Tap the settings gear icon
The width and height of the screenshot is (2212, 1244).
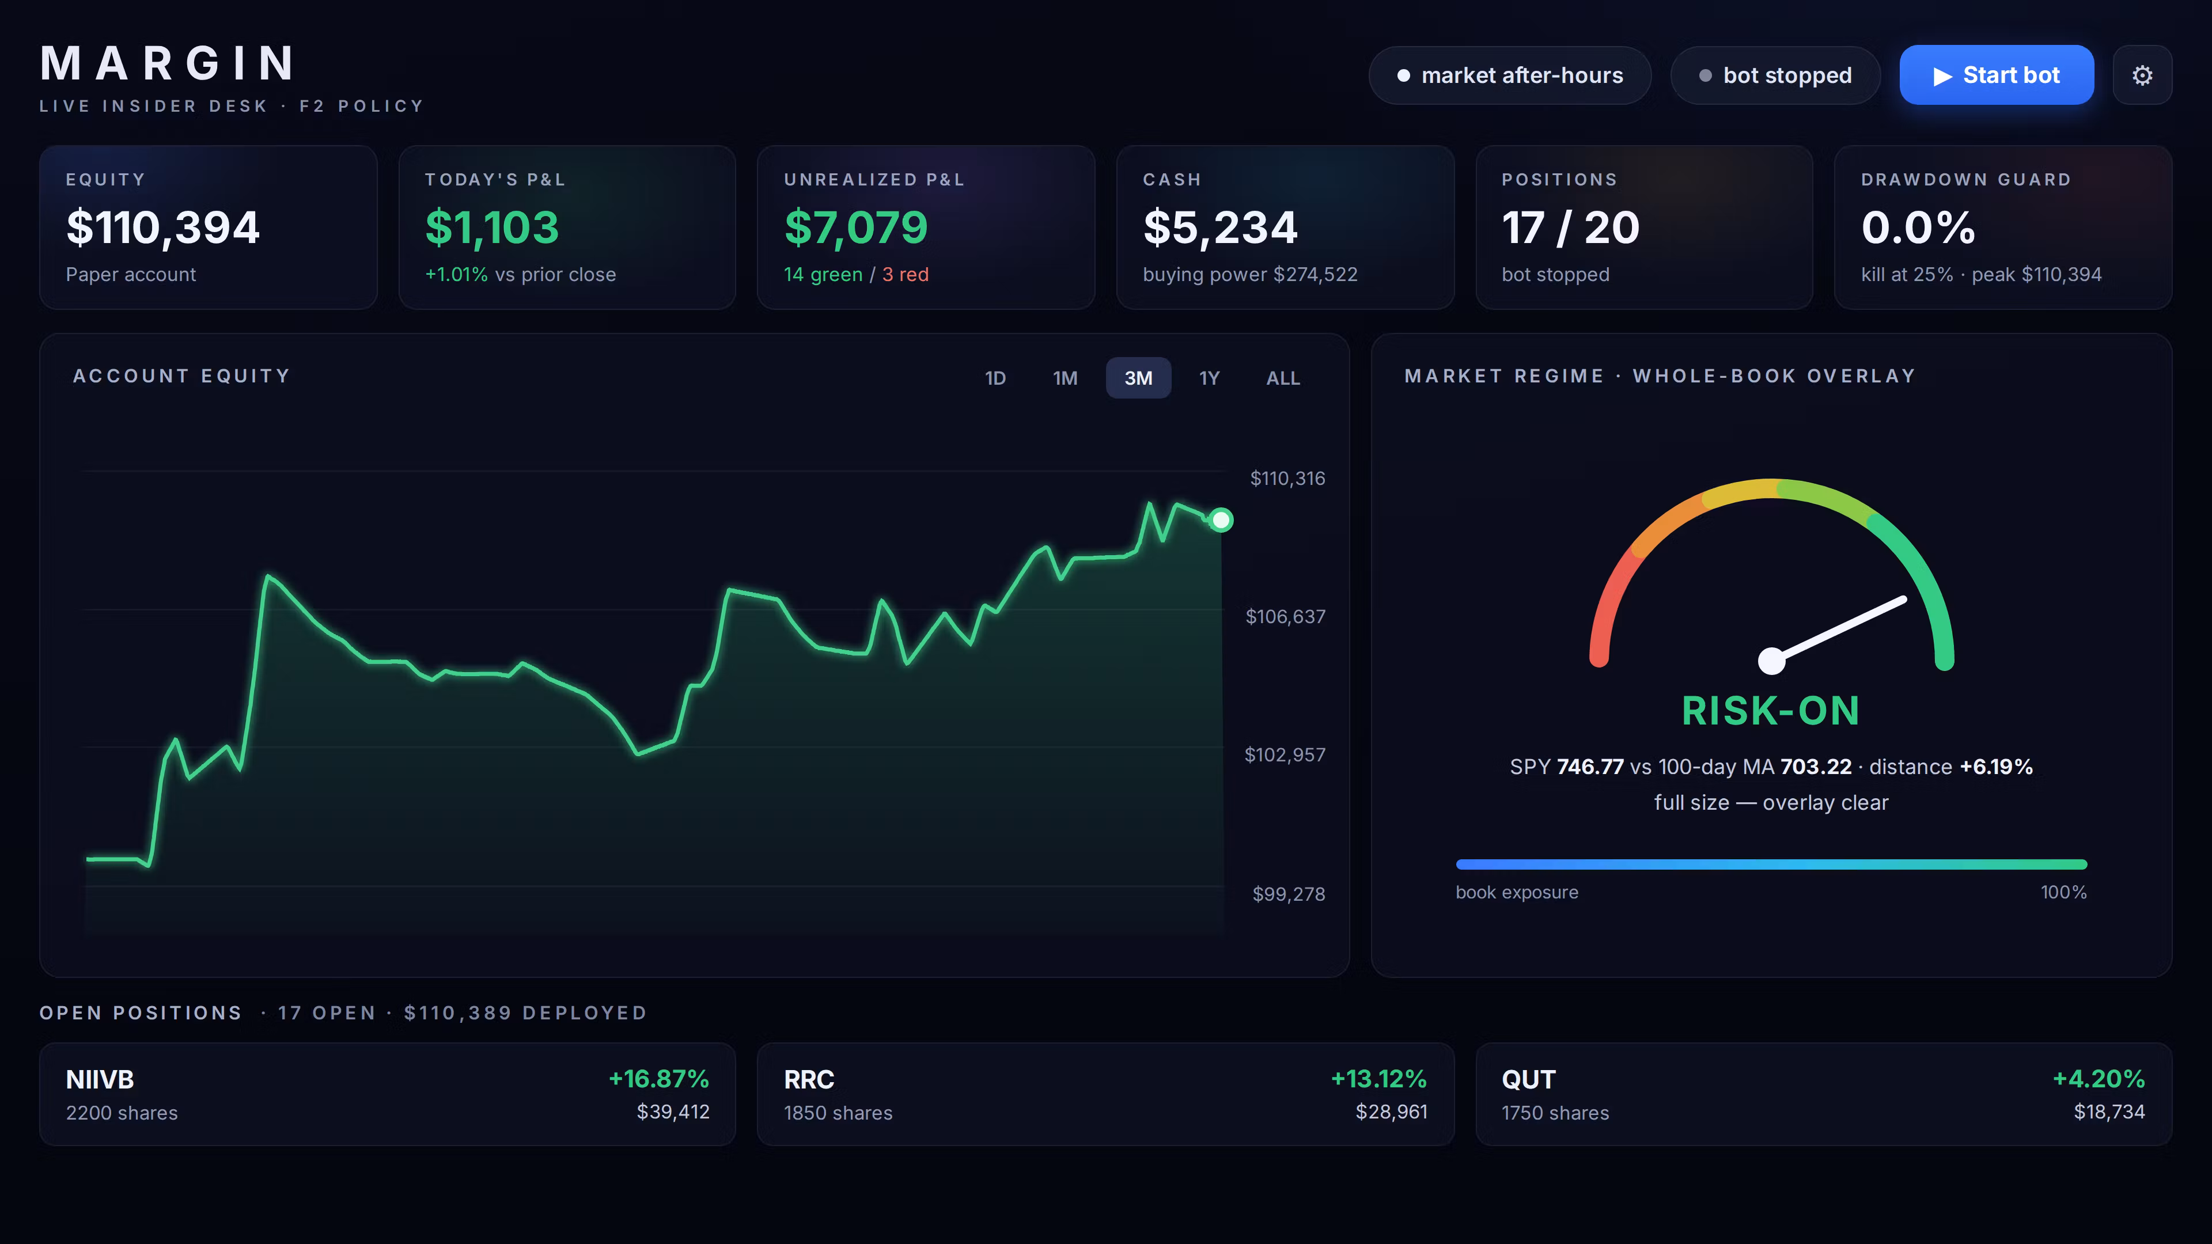[2142, 75]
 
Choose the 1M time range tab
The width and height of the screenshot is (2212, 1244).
[1065, 378]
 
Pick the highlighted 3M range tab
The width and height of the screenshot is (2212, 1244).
[1138, 378]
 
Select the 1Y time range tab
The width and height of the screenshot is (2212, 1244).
[1209, 378]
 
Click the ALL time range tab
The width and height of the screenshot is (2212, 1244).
[1283, 378]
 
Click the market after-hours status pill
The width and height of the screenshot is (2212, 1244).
[1510, 75]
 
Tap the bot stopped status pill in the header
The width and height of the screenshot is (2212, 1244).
[1775, 75]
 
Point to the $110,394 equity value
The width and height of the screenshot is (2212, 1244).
[163, 227]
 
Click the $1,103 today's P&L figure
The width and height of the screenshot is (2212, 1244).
[492, 227]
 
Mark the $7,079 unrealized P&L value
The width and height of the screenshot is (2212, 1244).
[856, 227]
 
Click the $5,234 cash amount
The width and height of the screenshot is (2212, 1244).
[1220, 227]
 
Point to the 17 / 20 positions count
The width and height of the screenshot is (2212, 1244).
[1570, 227]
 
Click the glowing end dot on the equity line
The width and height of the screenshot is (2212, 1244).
[1220, 520]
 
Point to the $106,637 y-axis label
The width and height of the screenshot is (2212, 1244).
[1286, 616]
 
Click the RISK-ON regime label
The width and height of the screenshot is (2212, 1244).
[1771, 711]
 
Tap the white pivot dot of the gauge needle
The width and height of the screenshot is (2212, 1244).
[1771, 660]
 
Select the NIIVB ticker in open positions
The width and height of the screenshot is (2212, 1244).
[100, 1079]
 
